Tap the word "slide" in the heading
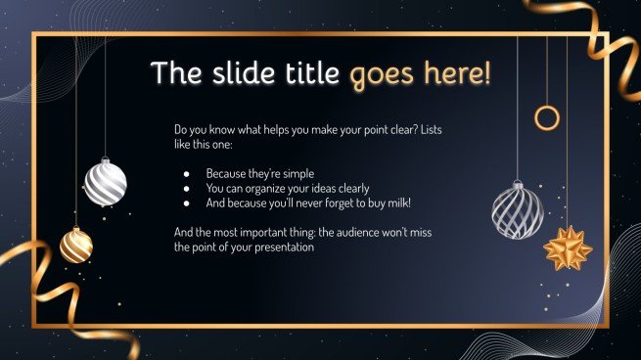pos(233,73)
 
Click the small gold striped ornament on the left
pos(75,245)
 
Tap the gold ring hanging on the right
pos(547,118)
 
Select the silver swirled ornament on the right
pos(517,207)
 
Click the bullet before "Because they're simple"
pos(186,172)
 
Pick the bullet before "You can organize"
pos(186,188)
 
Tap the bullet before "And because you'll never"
pos(186,203)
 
